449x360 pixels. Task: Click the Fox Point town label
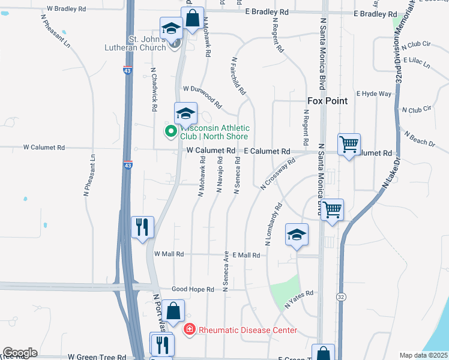coord(327,101)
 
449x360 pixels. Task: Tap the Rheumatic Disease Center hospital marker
coord(189,329)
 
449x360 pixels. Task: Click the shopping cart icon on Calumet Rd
coord(349,144)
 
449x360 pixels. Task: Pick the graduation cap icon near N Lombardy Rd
coord(297,235)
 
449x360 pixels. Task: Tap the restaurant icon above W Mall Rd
coord(143,227)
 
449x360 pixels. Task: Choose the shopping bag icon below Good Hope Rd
coord(173,311)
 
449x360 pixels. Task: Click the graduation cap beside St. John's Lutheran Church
coord(171,28)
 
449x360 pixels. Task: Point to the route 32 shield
coord(341,296)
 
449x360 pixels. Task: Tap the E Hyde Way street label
coord(373,94)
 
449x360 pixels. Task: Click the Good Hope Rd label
coord(193,289)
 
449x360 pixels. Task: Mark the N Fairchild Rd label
coord(238,76)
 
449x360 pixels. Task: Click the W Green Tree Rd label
coord(97,356)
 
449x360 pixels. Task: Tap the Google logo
coord(20,353)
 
